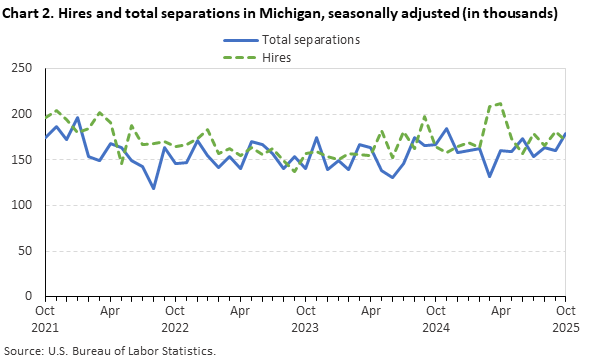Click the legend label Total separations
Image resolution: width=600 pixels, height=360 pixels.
pyautogui.click(x=310, y=40)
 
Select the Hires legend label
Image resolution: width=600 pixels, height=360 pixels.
pyautogui.click(x=278, y=57)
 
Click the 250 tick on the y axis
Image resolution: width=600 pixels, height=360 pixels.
pyautogui.click(x=22, y=68)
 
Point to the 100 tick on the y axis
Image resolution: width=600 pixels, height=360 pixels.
pyautogui.click(x=22, y=205)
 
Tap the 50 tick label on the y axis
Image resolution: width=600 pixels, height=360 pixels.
pyautogui.click(x=25, y=251)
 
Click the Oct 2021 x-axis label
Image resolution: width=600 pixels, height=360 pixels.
pyautogui.click(x=44, y=318)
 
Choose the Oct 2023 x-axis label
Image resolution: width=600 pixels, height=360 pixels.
pyautogui.click(x=305, y=318)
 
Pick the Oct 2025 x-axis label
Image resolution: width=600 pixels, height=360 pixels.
pyautogui.click(x=565, y=318)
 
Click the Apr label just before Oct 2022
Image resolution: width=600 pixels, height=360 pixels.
pyautogui.click(x=109, y=311)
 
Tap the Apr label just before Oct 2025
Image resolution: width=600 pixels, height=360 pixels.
pyautogui.click(x=500, y=311)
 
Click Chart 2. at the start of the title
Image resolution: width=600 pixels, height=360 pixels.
pyautogui.click(x=33, y=14)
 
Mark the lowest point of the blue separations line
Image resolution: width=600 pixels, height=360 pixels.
pyautogui.click(x=153, y=188)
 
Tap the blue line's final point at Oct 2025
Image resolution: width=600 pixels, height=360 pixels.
pyautogui.click(x=565, y=134)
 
